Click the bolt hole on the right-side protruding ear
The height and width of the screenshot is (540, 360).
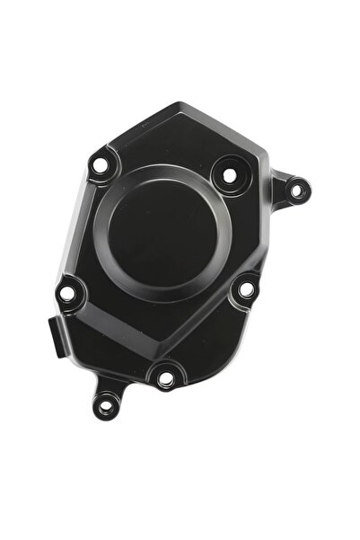pyautogui.click(x=298, y=190)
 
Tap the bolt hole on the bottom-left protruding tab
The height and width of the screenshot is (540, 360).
pyautogui.click(x=106, y=406)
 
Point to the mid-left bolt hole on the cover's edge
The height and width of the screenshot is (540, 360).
pyautogui.click(x=67, y=293)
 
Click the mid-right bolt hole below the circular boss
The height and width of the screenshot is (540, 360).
pyautogui.click(x=244, y=289)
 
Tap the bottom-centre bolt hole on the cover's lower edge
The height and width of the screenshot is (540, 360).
pyautogui.click(x=165, y=378)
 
